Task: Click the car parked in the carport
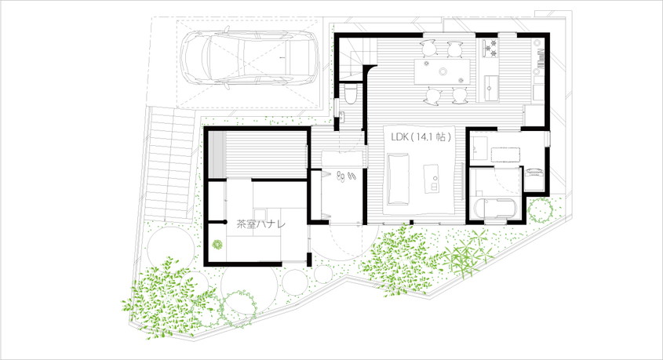point(250,57)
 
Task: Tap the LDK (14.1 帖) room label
point(421,137)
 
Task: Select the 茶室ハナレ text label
point(260,224)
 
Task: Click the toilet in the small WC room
point(351,94)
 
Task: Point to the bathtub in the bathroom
point(497,209)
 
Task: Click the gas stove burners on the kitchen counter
point(490,48)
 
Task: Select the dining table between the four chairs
point(443,71)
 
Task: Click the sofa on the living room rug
point(399,179)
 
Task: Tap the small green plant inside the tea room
point(217,244)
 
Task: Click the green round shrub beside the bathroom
point(541,210)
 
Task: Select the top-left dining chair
point(428,48)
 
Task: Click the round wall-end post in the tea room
point(224,221)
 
